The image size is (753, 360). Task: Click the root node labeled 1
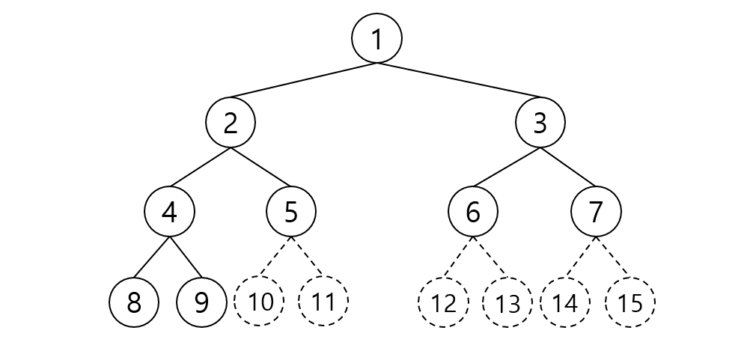(377, 38)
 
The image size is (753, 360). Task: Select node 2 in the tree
(231, 123)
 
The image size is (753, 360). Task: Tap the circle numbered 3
(540, 123)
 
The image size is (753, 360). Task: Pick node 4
(170, 212)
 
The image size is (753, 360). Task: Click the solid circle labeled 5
(291, 212)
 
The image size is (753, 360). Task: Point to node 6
(473, 212)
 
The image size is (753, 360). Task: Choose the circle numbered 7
(596, 212)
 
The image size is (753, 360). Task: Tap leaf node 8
(134, 303)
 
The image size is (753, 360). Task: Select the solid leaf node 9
(201, 303)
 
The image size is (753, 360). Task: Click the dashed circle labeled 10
(259, 303)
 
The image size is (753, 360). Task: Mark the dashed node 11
(323, 303)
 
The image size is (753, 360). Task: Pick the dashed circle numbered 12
(443, 303)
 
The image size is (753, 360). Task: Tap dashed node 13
(507, 303)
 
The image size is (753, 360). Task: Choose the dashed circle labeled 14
(565, 303)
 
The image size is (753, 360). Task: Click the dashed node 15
(630, 303)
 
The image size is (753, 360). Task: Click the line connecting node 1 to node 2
(304, 81)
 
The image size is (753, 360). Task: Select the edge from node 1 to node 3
(459, 81)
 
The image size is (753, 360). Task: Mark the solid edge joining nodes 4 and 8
(152, 257)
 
